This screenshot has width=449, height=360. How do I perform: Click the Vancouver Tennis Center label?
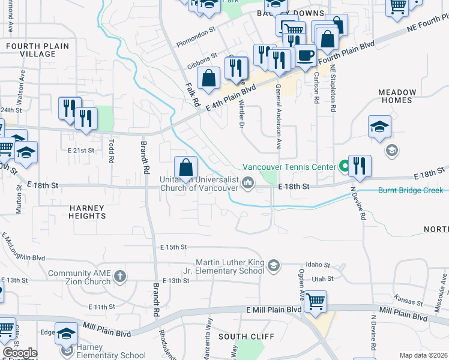pyautogui.click(x=289, y=167)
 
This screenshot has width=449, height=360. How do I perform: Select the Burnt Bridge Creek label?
pyautogui.click(x=411, y=191)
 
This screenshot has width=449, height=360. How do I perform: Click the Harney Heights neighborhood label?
pyautogui.click(x=87, y=212)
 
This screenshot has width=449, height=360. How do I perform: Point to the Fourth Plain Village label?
pyautogui.click(x=37, y=50)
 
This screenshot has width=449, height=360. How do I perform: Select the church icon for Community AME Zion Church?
pyautogui.click(x=120, y=275)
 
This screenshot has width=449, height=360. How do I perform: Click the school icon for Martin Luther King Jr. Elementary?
pyautogui.click(x=274, y=266)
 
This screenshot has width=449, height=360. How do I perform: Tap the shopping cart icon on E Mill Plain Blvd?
pyautogui.click(x=315, y=301)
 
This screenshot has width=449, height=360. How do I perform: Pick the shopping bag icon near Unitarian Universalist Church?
pyautogui.click(x=185, y=167)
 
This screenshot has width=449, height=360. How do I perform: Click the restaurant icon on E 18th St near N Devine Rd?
pyautogui.click(x=360, y=165)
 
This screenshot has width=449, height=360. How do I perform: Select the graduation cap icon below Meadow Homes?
pyautogui.click(x=380, y=127)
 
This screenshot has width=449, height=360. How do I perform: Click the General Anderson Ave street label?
pyautogui.click(x=278, y=116)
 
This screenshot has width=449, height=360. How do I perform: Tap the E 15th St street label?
pyautogui.click(x=173, y=247)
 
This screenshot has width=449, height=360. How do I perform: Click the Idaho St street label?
pyautogui.click(x=318, y=265)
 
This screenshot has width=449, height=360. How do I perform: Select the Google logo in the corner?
pyautogui.click(x=20, y=353)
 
